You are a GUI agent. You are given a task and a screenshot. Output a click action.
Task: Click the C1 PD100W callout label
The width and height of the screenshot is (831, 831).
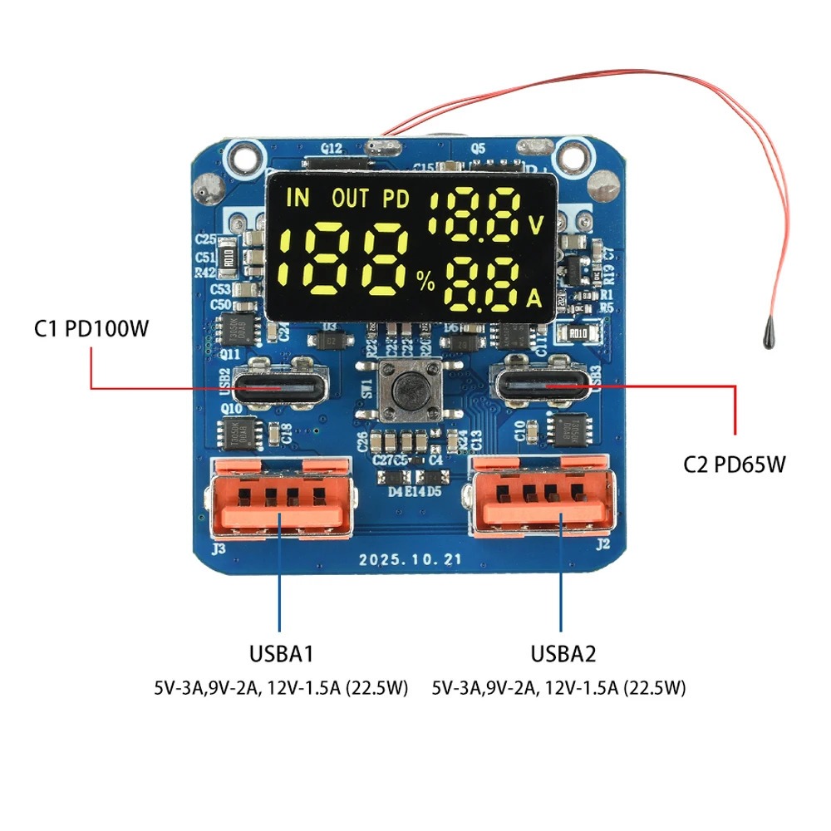click(91, 329)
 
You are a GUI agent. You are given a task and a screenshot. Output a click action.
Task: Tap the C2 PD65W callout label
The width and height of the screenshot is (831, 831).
click(734, 465)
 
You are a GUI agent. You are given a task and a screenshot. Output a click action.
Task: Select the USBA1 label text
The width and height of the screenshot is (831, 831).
click(281, 654)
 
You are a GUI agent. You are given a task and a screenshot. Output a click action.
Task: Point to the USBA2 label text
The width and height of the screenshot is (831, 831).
click(563, 654)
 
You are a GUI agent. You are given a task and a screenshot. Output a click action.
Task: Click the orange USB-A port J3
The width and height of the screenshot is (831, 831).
click(279, 498)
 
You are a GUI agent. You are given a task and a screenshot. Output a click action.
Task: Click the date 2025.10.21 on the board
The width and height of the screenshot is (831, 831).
click(410, 559)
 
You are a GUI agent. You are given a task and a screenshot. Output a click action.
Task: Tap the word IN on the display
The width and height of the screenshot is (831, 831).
click(297, 198)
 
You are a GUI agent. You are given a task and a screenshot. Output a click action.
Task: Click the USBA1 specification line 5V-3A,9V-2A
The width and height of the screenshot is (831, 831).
click(281, 688)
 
